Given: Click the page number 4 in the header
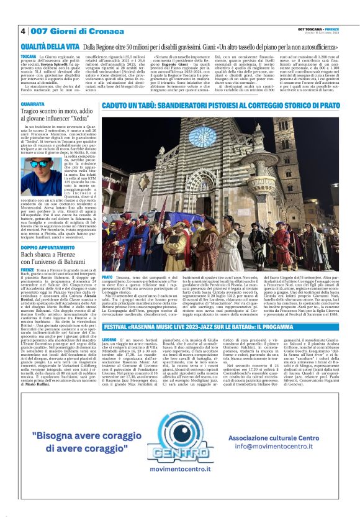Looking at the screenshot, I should tap(23, 30).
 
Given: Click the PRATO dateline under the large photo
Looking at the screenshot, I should tap(107, 277).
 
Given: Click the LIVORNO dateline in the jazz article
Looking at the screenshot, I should tap(110, 340).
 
